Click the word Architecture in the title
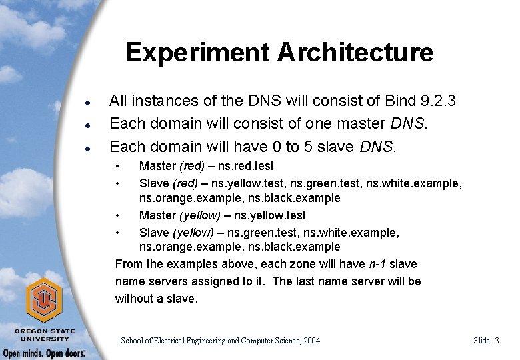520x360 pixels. coord(351,52)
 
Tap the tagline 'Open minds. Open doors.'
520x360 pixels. coord(43,353)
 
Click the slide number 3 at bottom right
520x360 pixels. coord(496,341)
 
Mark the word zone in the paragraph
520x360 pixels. coord(273,265)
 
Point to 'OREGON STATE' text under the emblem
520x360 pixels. coord(44,331)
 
